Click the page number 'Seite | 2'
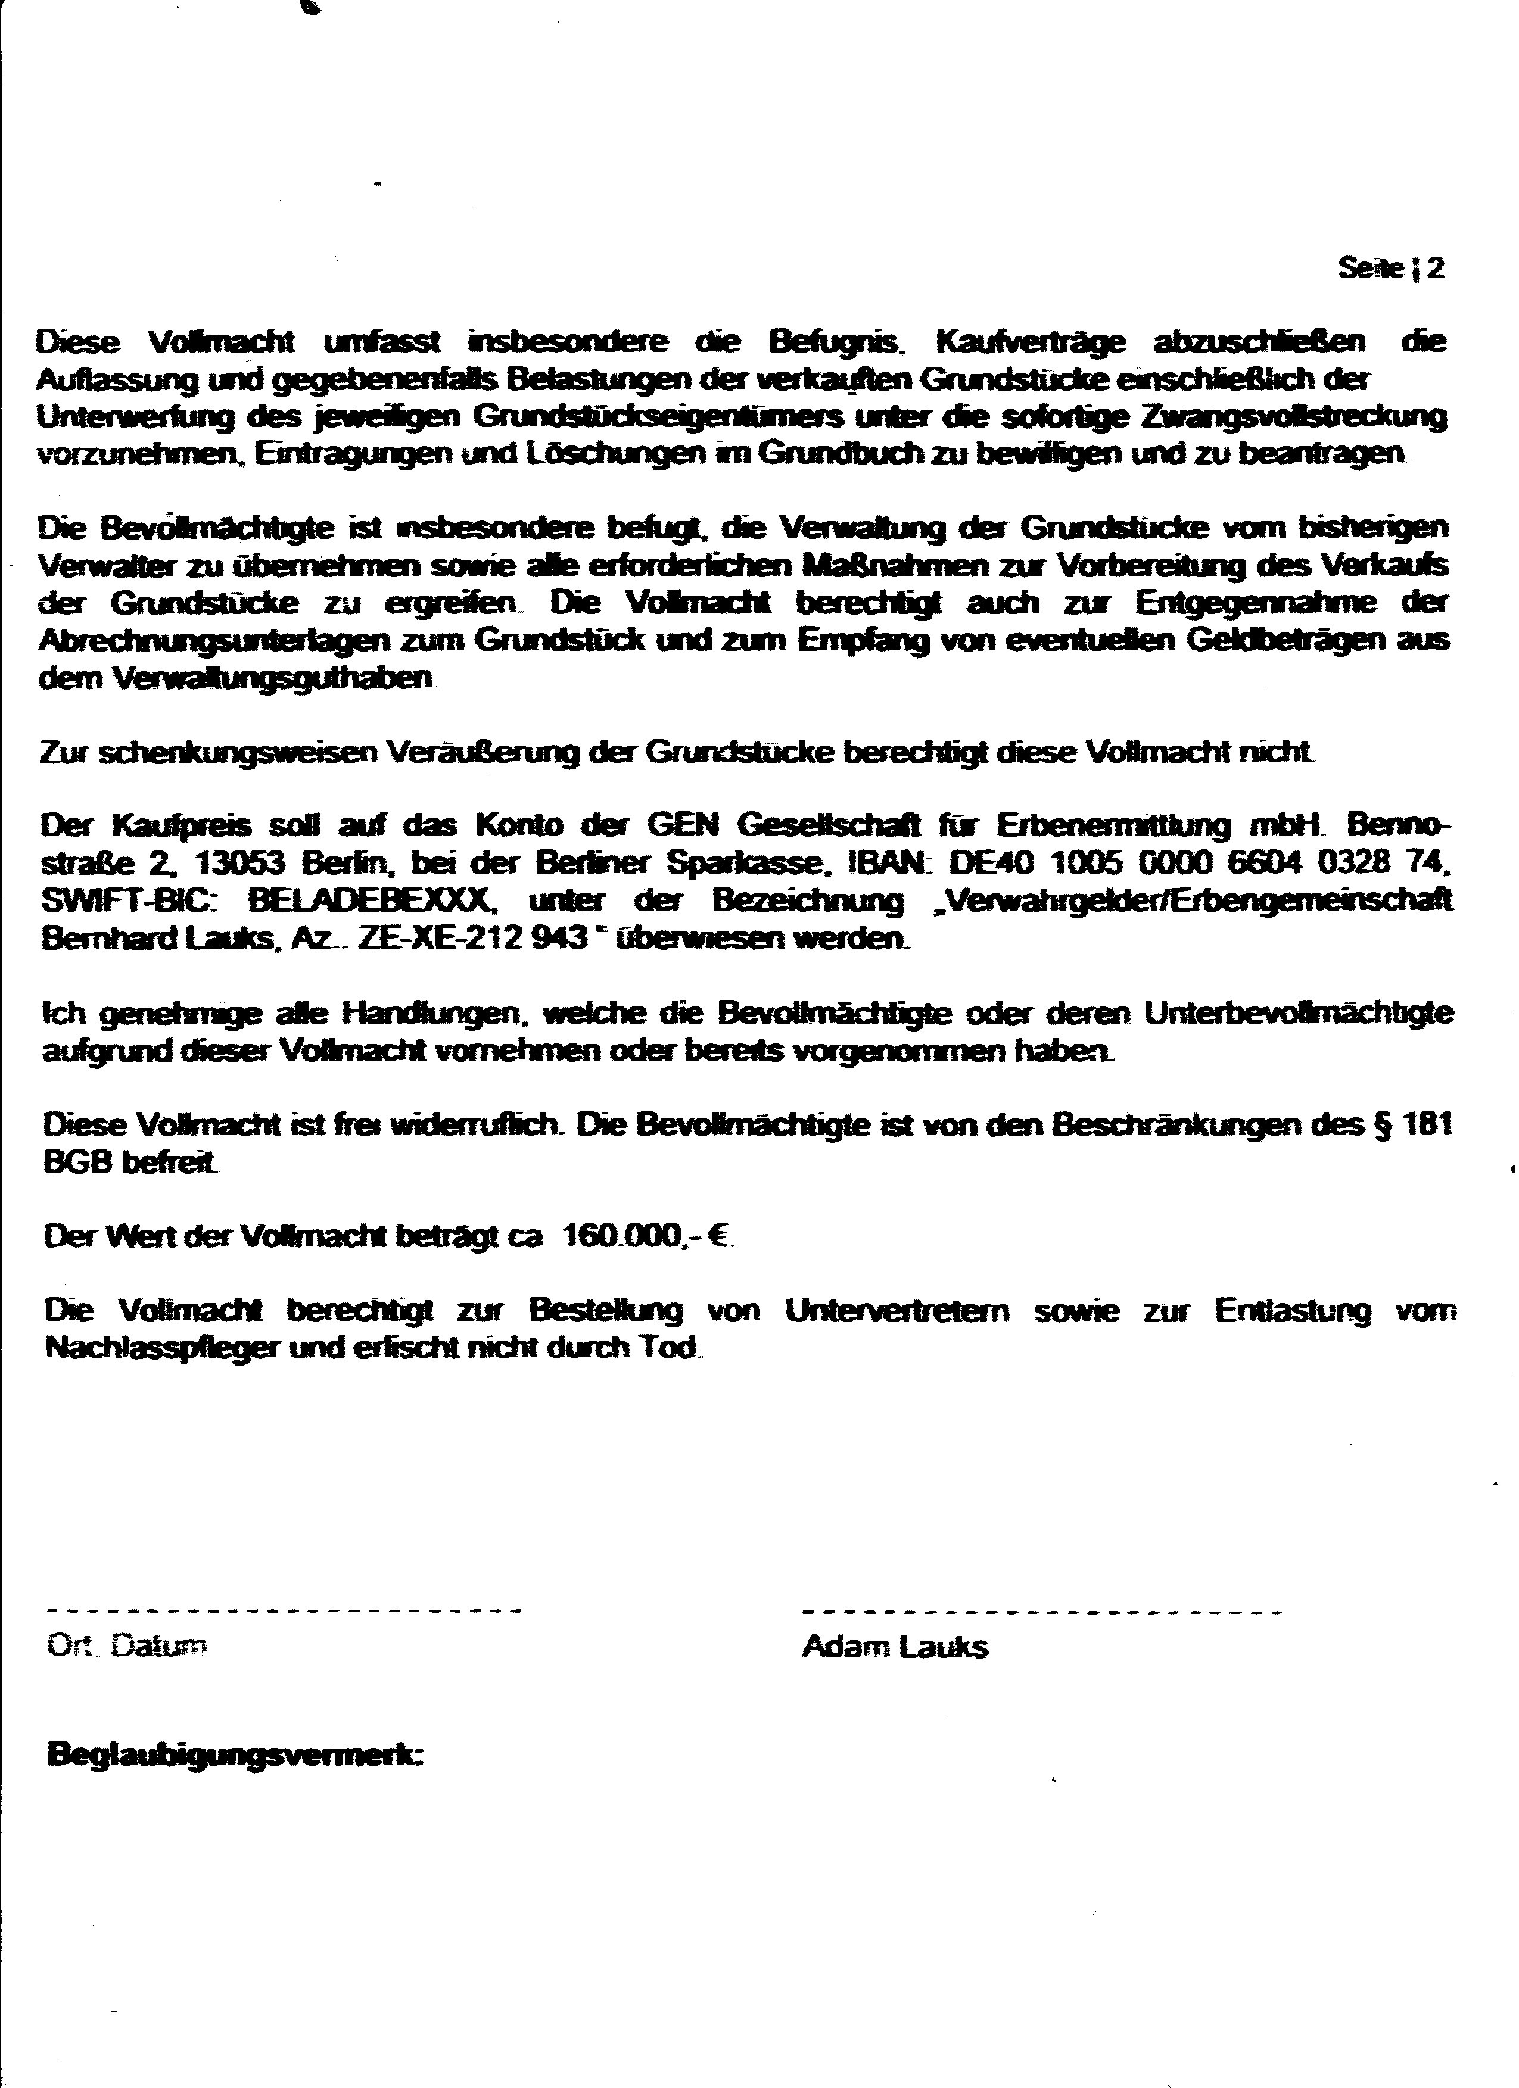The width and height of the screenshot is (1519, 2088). pos(1390,268)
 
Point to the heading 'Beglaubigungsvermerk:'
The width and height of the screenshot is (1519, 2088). pos(234,1754)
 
